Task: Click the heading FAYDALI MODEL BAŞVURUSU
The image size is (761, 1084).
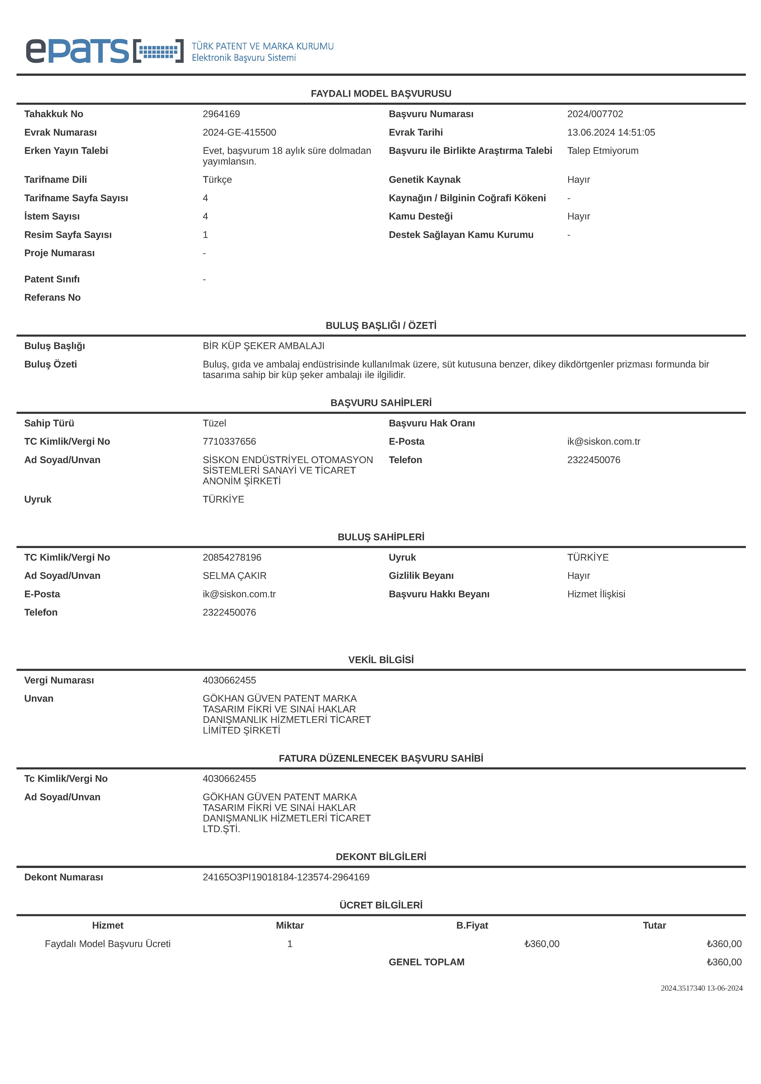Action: tap(381, 94)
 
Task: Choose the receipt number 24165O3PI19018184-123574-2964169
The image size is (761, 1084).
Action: tap(286, 877)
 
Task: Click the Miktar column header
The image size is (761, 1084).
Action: tap(290, 925)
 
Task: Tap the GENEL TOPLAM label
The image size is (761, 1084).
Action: tap(427, 962)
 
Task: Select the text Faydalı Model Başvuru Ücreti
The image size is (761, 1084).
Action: tap(108, 944)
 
